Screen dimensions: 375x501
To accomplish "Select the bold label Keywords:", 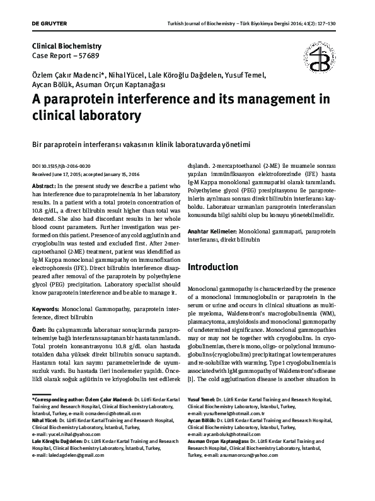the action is [49, 309].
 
